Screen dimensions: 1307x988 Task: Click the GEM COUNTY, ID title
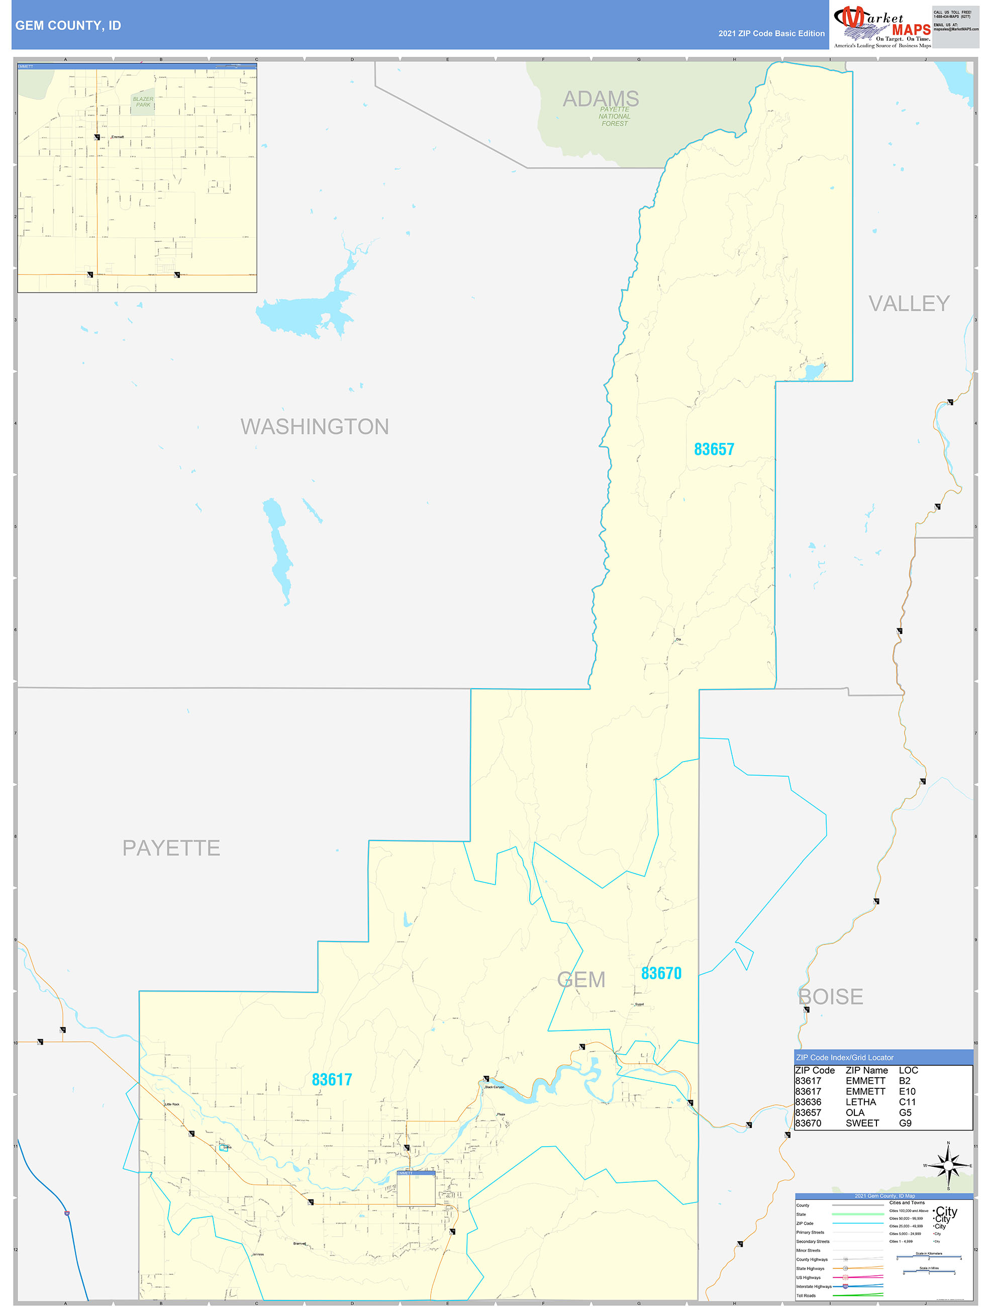pos(68,26)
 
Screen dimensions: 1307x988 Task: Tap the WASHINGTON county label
pos(314,427)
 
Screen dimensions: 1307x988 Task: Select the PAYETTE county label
pos(171,848)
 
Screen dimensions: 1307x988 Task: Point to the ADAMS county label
pos(601,98)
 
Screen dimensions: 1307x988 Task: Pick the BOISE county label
pos(830,997)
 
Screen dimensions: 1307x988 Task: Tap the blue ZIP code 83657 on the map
pos(714,449)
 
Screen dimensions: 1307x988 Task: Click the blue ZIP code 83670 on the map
pos(661,973)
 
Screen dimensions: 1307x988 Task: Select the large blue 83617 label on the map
pos(332,1079)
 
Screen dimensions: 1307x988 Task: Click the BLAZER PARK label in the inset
pos(143,102)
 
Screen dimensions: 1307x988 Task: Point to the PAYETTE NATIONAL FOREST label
pos(614,117)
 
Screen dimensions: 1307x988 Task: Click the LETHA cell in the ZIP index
pos(860,1102)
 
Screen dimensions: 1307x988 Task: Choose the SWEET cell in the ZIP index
pos(862,1123)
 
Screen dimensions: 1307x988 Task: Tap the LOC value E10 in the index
pos(907,1091)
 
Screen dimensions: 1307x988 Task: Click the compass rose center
pos(948,1166)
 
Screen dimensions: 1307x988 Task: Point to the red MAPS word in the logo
pos(911,30)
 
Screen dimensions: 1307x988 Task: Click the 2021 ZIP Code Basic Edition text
pos(771,34)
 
